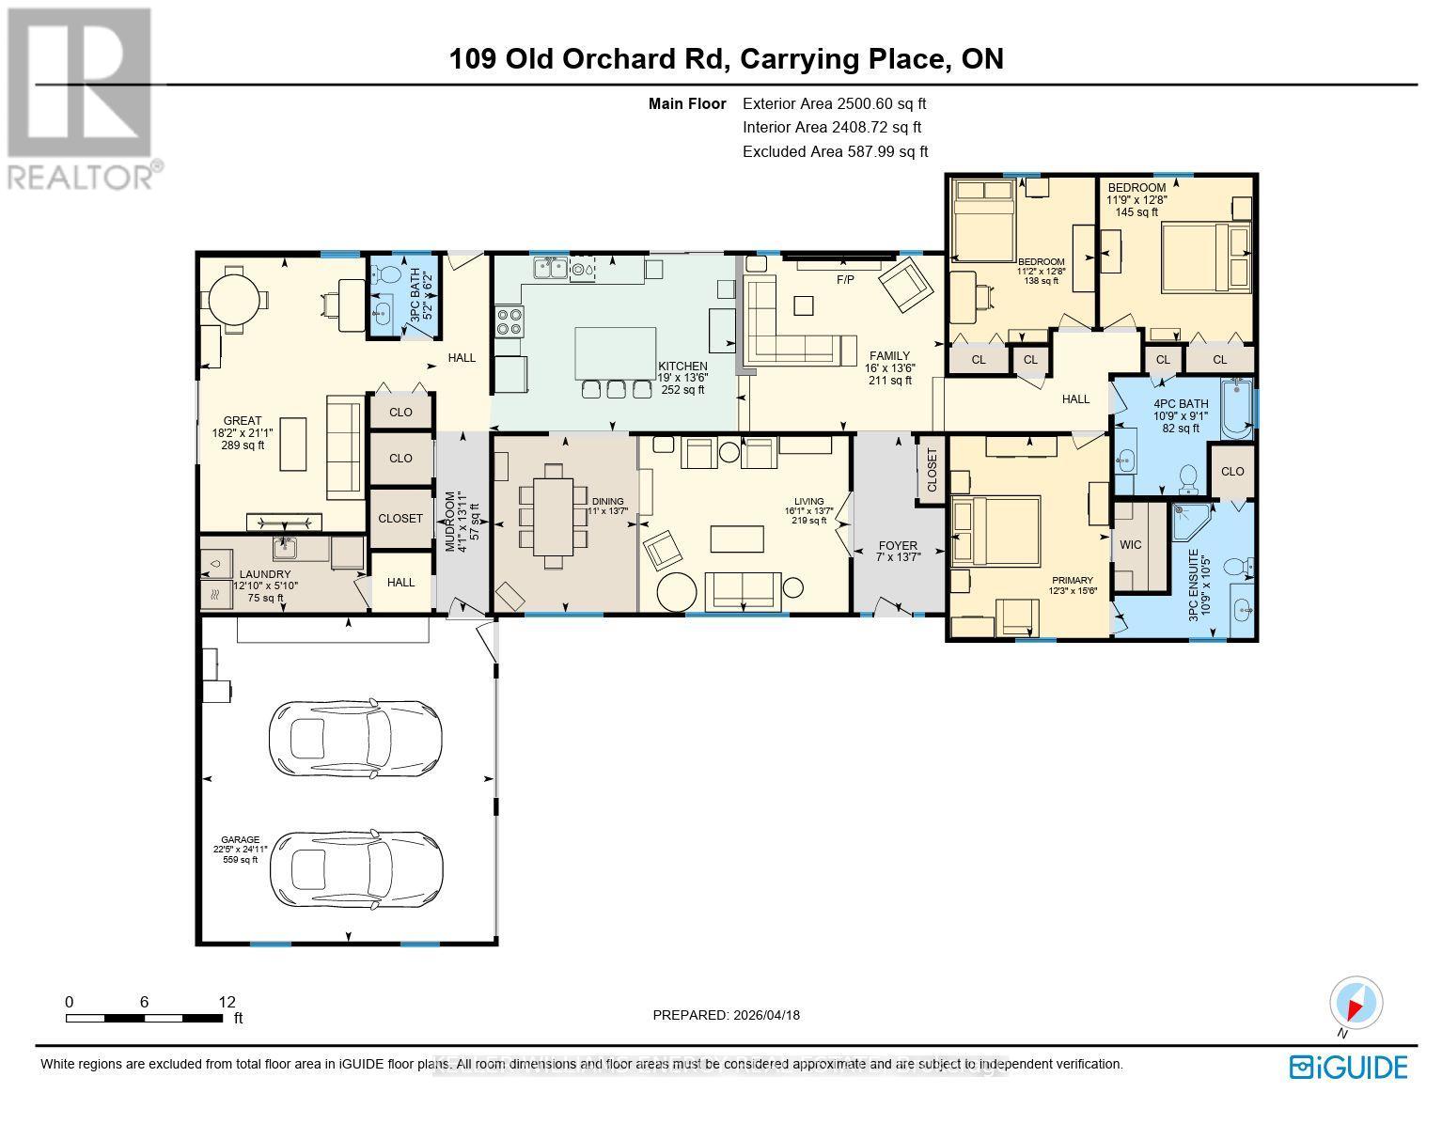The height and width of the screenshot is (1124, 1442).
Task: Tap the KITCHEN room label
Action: [682, 367]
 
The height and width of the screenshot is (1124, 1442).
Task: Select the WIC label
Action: [1130, 544]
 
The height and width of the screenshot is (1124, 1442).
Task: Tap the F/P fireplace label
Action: [844, 280]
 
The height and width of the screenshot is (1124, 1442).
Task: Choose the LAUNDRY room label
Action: [264, 574]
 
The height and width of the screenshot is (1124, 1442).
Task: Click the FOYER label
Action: [898, 545]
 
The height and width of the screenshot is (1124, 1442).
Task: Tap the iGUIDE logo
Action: [1348, 1068]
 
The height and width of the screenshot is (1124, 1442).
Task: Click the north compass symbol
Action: [1356, 1004]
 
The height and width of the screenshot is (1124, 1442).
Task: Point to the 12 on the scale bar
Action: [226, 1002]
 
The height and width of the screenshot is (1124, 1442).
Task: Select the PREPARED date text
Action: [726, 1015]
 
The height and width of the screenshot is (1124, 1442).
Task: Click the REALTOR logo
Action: [83, 98]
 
